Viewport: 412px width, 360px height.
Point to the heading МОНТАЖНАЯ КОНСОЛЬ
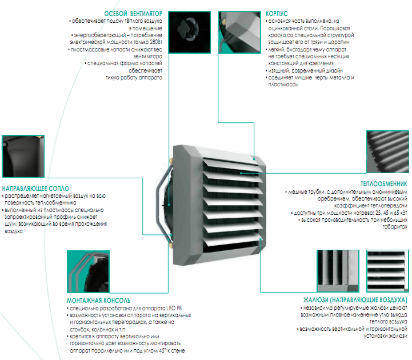tap(98, 299)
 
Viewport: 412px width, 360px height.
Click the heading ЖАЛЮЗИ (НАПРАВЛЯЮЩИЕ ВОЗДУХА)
tap(355, 299)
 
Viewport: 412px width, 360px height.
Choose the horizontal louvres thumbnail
tap(387, 270)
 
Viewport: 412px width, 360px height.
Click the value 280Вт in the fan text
tap(155, 42)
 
